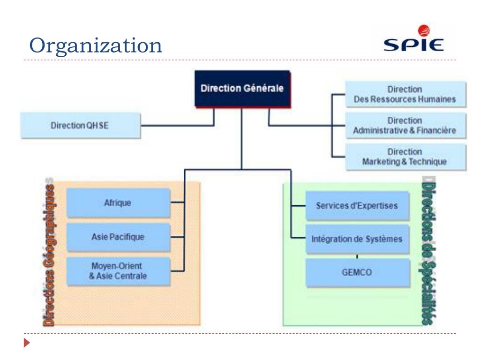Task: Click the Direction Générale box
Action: (x=242, y=89)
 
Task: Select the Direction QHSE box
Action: (x=80, y=125)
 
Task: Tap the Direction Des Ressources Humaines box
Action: (x=405, y=94)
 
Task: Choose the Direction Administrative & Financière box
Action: (x=405, y=126)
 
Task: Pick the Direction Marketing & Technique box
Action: (x=405, y=157)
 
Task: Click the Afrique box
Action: (x=118, y=203)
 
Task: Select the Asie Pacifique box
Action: (x=118, y=237)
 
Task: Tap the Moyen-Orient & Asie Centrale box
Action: (x=118, y=271)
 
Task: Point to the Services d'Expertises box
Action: (x=357, y=206)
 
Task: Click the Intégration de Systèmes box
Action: (x=357, y=239)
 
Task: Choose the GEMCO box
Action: (x=357, y=273)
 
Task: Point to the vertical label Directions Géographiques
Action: (x=49, y=254)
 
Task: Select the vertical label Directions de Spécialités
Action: (x=426, y=254)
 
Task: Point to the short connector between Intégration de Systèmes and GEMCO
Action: (x=357, y=256)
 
